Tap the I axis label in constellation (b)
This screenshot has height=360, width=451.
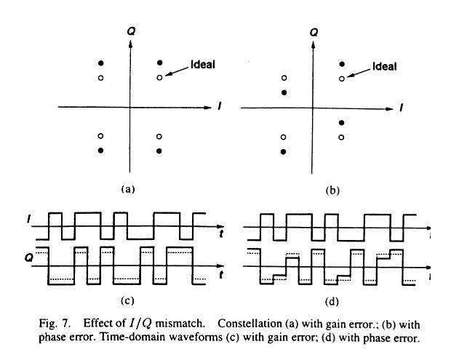(400, 107)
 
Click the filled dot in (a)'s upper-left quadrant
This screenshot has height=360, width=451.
(101, 63)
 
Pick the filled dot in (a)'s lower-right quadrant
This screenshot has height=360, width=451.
(159, 151)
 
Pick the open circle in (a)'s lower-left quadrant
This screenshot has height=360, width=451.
(101, 136)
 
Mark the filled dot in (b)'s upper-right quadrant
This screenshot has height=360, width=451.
(341, 63)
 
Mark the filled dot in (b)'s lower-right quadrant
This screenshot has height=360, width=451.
(341, 122)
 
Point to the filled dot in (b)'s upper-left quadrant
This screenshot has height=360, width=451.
(284, 92)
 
